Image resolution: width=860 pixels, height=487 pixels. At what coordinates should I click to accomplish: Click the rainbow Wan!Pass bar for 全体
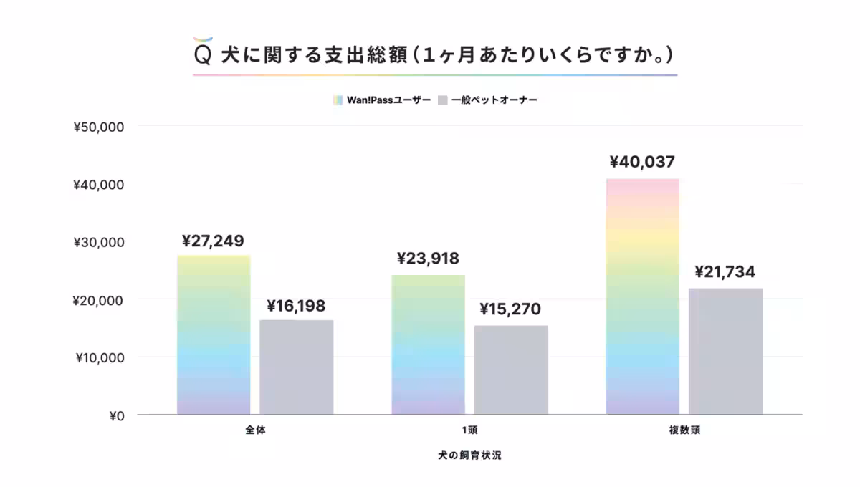pos(214,334)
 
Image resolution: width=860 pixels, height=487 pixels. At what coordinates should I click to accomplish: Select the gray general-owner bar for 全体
pos(296,367)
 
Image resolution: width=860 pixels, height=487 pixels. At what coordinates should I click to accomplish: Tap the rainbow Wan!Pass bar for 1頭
pos(428,344)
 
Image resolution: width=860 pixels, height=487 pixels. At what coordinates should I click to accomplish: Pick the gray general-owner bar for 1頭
pos(511,370)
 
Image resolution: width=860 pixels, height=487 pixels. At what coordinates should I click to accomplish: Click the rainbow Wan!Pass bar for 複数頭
pos(642,296)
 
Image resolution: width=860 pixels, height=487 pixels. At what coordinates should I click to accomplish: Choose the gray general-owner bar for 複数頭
pos(725,351)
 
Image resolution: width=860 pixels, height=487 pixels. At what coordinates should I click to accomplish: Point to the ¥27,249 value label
pos(213,241)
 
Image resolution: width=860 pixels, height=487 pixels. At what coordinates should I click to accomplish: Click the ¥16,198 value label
pos(296,307)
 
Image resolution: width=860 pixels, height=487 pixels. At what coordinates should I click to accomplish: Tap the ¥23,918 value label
pos(428,259)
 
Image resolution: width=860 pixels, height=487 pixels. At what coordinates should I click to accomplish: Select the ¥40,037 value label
pos(642,162)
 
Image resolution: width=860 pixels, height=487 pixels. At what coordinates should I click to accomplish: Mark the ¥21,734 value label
pos(725,272)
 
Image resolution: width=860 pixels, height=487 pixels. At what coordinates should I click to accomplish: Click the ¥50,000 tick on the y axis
pos(99,127)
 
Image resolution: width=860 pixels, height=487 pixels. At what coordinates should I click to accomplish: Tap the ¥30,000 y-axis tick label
pos(99,242)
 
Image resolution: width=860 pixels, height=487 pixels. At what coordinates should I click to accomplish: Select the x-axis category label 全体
pos(255,431)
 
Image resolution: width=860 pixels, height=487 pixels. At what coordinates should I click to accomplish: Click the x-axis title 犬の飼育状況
pos(469,455)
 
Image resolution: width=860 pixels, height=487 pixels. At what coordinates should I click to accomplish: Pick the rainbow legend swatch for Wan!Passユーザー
pos(338,100)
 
